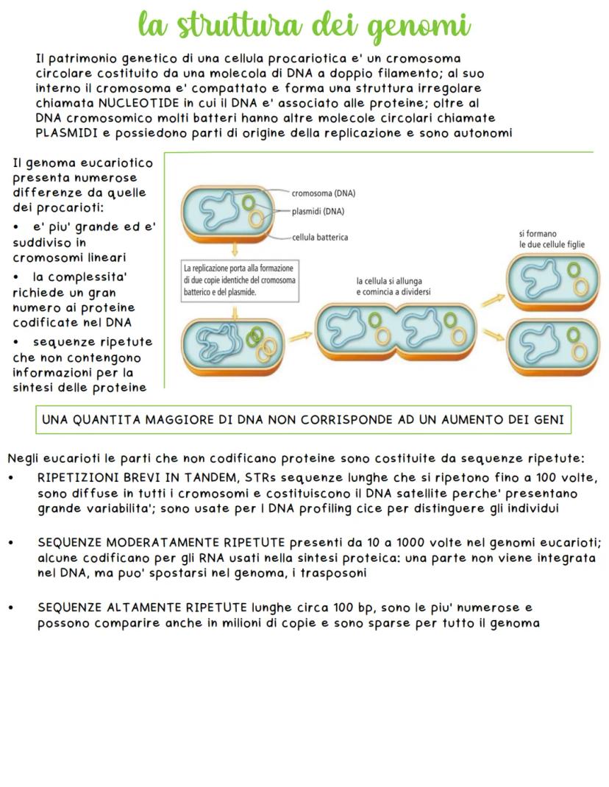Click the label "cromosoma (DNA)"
[324, 194]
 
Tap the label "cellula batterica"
[320, 237]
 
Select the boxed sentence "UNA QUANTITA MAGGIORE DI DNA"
[303, 420]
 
